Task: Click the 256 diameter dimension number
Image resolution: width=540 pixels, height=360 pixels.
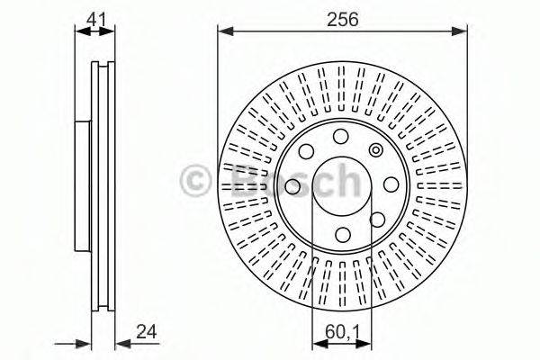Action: tap(342, 19)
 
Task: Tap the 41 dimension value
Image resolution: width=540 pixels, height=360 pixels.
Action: tap(97, 19)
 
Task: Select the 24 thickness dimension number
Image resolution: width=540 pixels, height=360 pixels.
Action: tap(147, 332)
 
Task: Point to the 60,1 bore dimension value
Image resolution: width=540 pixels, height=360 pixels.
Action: tap(342, 332)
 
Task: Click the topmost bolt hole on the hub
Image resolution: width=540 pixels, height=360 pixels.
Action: tap(340, 137)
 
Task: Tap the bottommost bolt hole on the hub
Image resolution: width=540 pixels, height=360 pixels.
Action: tap(343, 235)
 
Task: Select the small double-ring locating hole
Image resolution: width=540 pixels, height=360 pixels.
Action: tap(375, 150)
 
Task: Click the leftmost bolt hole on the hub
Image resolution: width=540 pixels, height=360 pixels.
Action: tap(292, 186)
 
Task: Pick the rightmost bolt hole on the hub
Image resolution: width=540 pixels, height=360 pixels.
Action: tap(391, 184)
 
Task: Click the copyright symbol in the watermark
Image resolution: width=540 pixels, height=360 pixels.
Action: tap(195, 181)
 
